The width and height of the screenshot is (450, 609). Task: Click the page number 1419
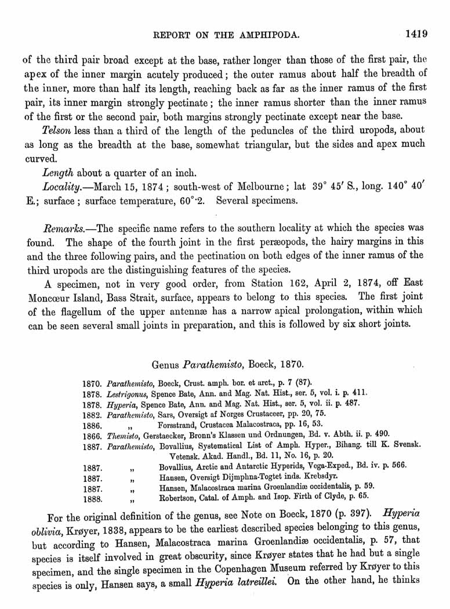[416, 34]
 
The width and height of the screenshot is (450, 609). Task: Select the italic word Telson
[57, 130]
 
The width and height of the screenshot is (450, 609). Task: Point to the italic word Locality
[63, 187]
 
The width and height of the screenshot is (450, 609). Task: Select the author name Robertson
[181, 497]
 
